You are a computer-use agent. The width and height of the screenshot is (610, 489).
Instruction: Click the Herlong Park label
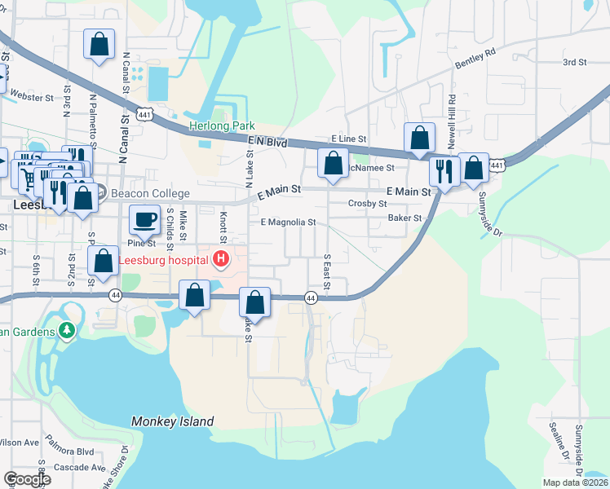pos(222,126)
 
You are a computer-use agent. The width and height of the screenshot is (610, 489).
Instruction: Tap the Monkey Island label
pos(172,421)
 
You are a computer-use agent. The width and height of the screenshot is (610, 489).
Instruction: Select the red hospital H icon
pos(220,260)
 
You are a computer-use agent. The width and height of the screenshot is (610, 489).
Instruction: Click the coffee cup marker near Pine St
pos(144,220)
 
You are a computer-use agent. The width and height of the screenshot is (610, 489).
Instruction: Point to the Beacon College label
pos(149,193)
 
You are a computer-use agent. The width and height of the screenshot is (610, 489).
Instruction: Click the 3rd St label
pos(574,62)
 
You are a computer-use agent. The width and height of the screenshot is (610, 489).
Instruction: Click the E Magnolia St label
pos(287,222)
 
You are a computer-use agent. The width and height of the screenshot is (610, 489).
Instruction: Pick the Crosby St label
pos(366,204)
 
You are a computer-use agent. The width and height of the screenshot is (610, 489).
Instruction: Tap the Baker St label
pos(404,218)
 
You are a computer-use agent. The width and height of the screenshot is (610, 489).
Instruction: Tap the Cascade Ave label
pos(80,468)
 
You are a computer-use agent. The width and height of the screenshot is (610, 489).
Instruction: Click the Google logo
pos(26,479)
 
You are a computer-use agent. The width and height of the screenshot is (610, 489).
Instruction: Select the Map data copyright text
pos(573,482)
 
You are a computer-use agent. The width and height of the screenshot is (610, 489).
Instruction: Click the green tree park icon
pos(66,331)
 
